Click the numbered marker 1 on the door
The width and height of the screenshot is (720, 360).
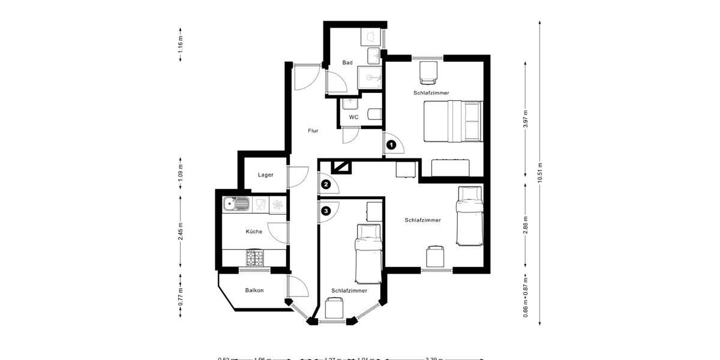point(391,144)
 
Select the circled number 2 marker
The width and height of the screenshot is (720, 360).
point(326,184)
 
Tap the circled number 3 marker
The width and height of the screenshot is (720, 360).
point(326,211)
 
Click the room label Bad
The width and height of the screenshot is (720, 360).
point(347,62)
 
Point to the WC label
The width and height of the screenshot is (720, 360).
point(353,117)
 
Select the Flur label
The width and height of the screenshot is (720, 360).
point(313,130)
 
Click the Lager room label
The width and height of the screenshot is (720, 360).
point(266,175)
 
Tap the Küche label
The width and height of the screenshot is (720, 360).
point(254,232)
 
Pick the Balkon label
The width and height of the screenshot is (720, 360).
point(254,290)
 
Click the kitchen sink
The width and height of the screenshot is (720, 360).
point(236,205)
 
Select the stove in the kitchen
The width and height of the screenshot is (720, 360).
point(254,257)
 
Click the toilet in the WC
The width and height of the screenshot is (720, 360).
point(373,115)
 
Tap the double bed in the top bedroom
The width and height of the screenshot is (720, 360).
point(453,121)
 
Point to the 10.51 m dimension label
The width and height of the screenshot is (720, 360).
point(541,173)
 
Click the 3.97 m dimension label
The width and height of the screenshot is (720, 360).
point(526,119)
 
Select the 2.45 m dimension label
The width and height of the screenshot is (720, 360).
point(181,231)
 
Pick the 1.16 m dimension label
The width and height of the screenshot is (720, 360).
point(181,46)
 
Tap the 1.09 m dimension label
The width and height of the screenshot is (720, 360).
point(181,172)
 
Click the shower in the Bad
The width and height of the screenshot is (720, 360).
point(370,77)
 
